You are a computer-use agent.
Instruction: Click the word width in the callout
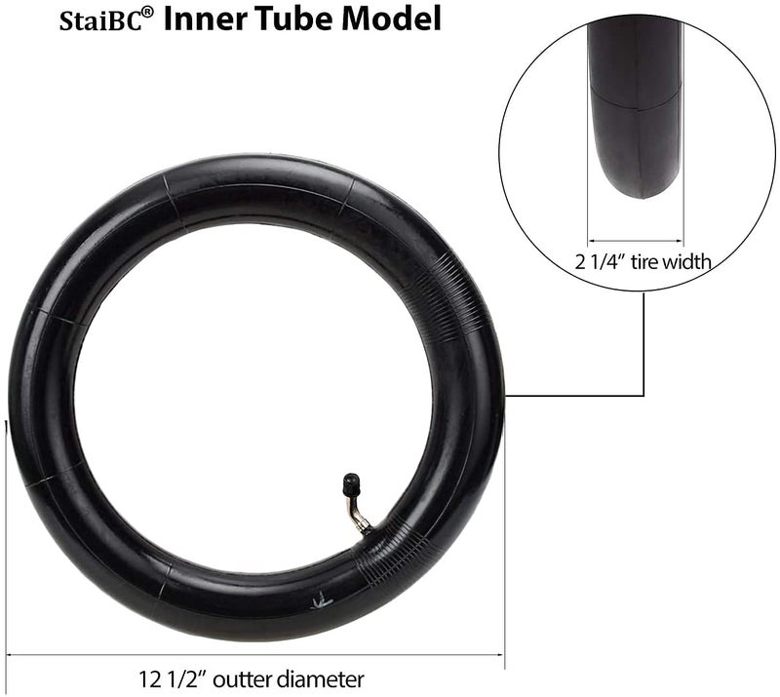[x=688, y=260]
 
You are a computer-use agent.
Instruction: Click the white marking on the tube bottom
[x=318, y=602]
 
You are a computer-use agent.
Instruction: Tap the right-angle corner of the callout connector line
[x=643, y=396]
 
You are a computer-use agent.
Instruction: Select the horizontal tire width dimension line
[x=636, y=240]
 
